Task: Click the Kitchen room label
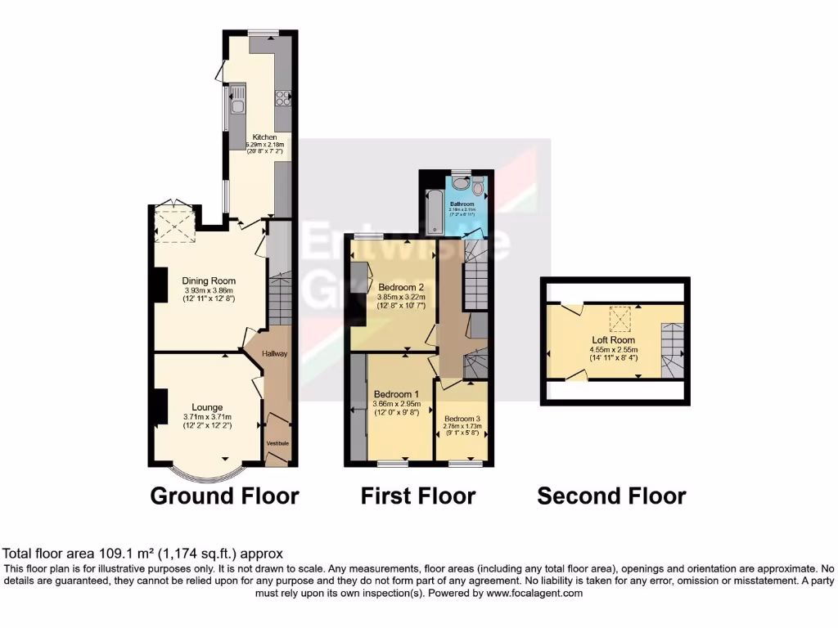click(264, 137)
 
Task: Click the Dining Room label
click(209, 281)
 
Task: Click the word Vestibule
click(277, 443)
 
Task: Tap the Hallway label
click(274, 353)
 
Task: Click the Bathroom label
click(461, 203)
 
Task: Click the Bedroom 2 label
click(400, 287)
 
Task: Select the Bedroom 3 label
click(462, 419)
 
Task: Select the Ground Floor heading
click(224, 496)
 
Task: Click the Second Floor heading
click(611, 496)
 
